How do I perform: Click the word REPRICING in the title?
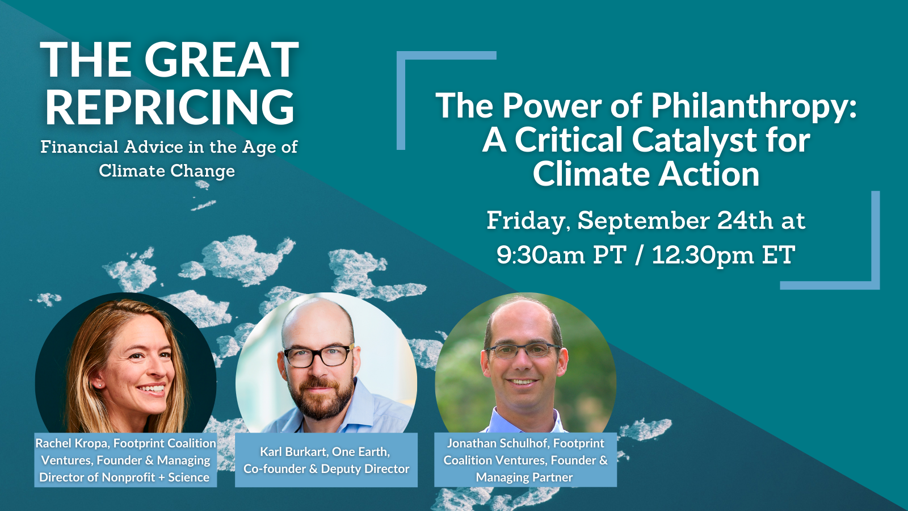(x=170, y=107)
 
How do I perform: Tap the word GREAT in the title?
(x=221, y=60)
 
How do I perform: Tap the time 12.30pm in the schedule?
(x=703, y=256)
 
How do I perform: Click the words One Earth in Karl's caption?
(x=364, y=452)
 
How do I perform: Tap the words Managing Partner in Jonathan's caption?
(x=524, y=478)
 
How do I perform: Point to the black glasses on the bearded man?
(x=318, y=355)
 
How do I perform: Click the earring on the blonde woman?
(x=99, y=384)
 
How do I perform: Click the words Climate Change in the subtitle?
(x=167, y=171)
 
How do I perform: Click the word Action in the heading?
(x=709, y=174)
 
